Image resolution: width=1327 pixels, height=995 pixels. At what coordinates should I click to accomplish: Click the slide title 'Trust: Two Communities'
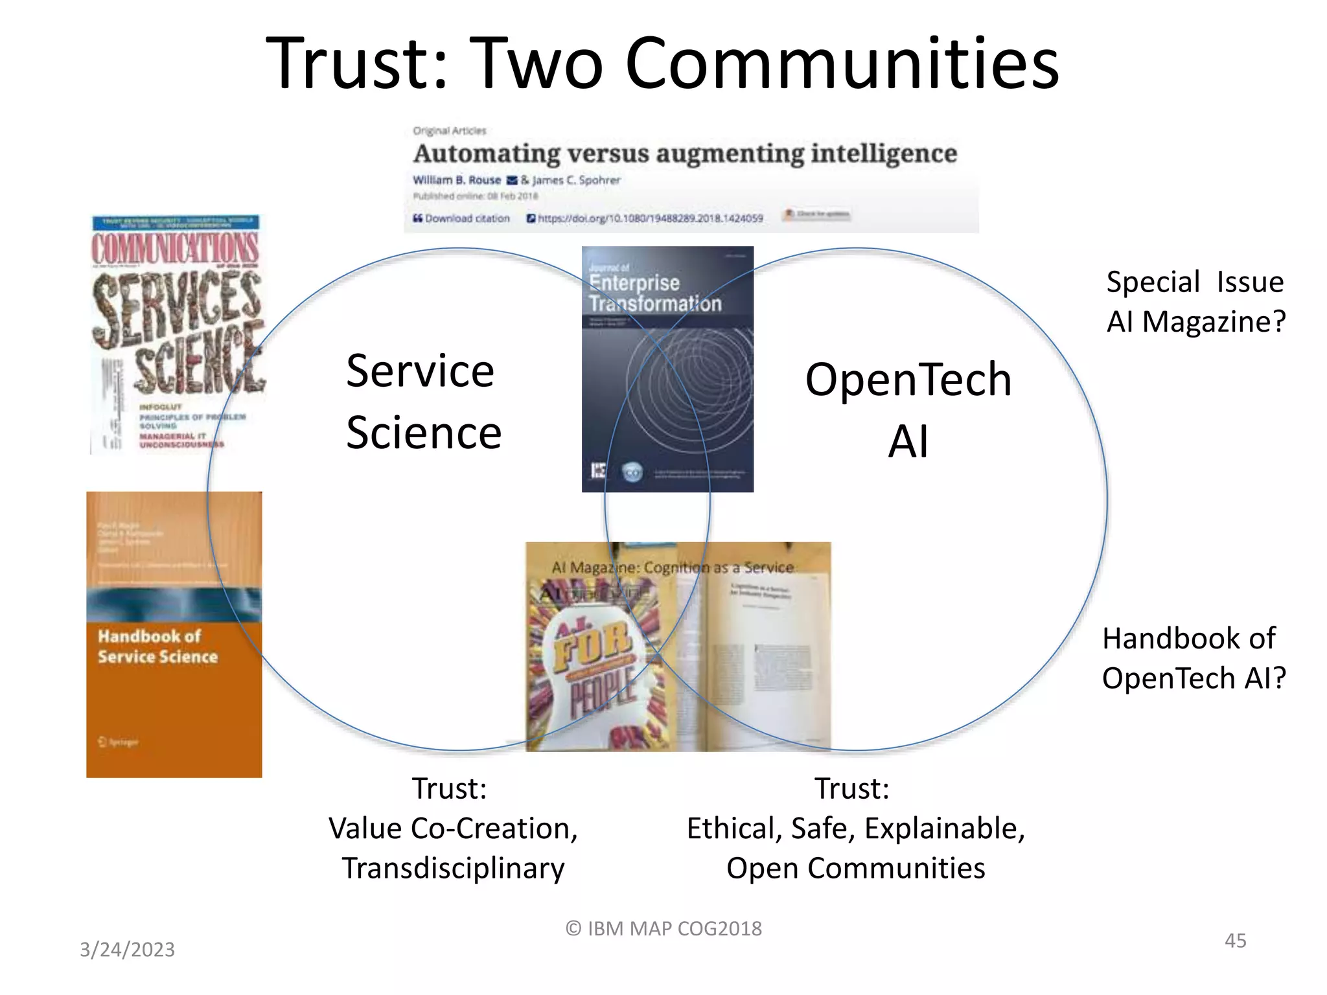[662, 63]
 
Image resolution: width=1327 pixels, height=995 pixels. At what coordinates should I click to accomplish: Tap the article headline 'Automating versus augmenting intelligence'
[685, 154]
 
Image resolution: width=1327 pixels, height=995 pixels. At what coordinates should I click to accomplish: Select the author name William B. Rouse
[457, 180]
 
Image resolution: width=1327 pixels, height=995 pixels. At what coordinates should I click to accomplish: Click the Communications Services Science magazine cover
[176, 334]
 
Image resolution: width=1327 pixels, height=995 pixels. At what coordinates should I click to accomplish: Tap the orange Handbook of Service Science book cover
[174, 635]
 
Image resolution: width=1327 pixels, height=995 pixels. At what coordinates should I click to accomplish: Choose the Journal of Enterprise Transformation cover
[667, 369]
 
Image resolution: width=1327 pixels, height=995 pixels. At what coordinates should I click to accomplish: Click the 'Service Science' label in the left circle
[423, 402]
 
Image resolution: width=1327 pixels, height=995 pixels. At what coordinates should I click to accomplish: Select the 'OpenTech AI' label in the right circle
[908, 410]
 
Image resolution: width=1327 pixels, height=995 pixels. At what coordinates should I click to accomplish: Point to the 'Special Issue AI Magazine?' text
[1195, 302]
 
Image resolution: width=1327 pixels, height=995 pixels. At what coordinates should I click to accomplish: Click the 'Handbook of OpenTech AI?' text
[1194, 658]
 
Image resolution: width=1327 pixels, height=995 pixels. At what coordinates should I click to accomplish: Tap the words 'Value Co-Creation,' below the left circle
[453, 829]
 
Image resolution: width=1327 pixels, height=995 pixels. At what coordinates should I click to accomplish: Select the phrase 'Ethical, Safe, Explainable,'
[855, 829]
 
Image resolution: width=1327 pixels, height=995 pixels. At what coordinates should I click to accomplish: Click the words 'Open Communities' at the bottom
[855, 869]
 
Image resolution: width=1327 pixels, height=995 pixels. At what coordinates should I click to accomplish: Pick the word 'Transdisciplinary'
[453, 869]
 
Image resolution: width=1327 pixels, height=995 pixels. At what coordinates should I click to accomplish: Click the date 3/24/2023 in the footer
[127, 950]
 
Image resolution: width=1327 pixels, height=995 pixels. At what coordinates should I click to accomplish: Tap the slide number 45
[1235, 941]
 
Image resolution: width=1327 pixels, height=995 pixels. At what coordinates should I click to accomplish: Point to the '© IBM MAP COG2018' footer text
[663, 929]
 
